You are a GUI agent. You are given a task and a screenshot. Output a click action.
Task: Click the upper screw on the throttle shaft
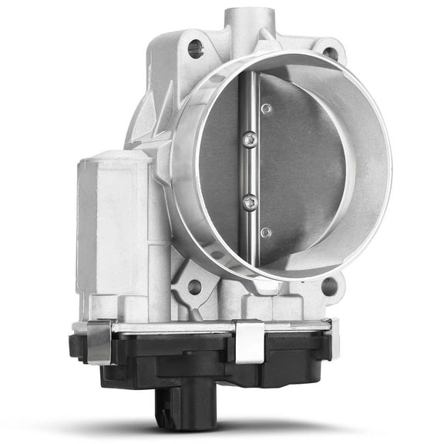(x=249, y=139)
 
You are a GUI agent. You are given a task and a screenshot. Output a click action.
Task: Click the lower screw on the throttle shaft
(x=249, y=202)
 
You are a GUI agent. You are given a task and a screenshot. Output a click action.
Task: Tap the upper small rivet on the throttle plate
(x=266, y=109)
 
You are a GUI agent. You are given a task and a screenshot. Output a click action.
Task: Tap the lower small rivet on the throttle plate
(x=266, y=232)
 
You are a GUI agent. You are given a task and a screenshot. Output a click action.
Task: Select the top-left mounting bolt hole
(x=196, y=49)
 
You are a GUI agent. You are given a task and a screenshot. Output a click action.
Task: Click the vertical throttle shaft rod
(x=245, y=170)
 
